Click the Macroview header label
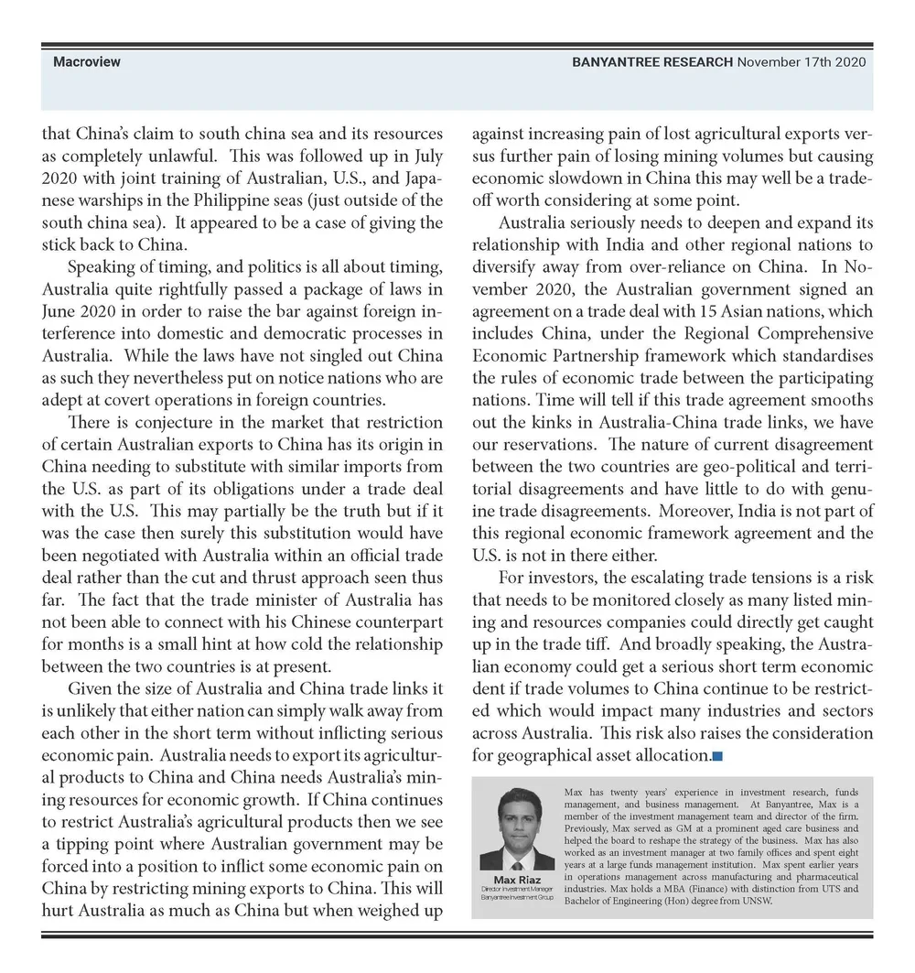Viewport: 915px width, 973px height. (x=87, y=62)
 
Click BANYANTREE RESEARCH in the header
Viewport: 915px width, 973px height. (x=652, y=62)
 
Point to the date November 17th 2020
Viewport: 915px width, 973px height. (x=802, y=62)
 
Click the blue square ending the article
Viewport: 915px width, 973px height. (x=717, y=756)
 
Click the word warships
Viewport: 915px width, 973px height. (x=113, y=200)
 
